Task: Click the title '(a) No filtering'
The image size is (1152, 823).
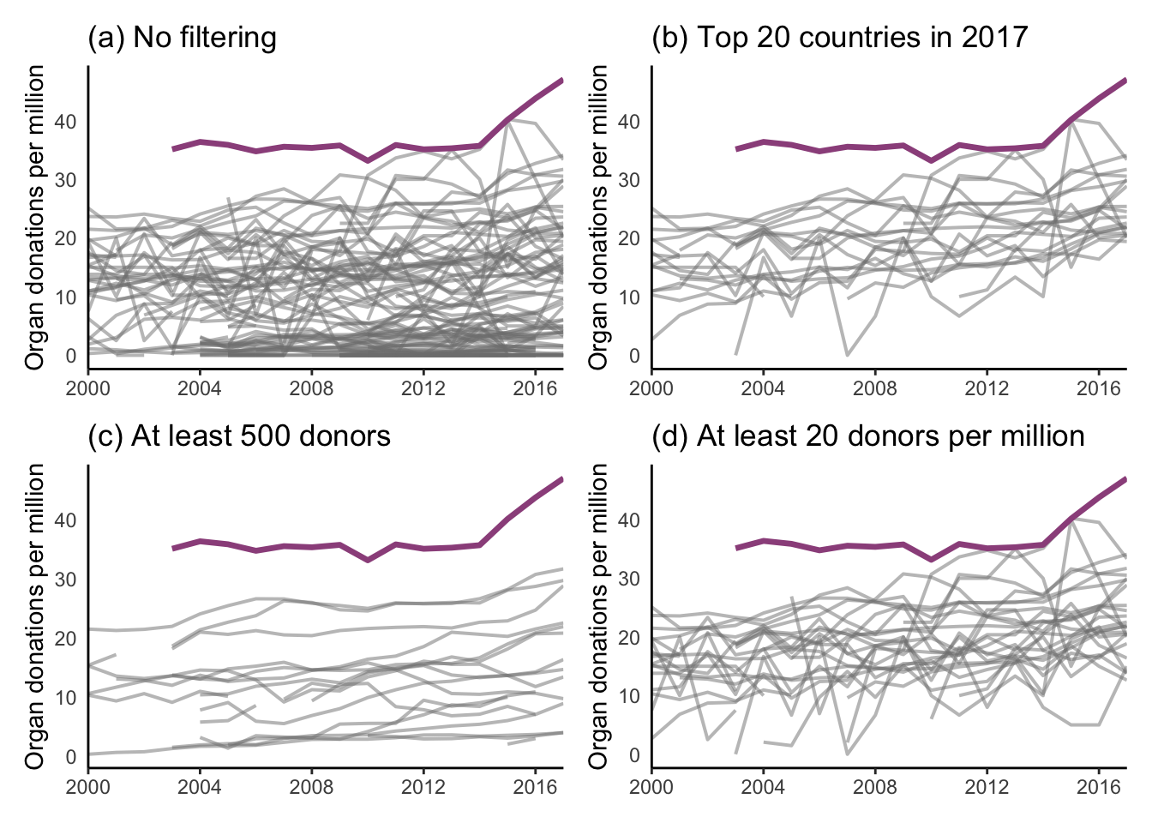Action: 182,38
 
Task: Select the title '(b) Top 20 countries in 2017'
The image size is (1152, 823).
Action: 839,38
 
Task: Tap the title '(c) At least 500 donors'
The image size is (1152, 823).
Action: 239,436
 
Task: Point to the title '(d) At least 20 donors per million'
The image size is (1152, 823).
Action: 867,436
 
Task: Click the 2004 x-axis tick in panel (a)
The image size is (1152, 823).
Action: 200,388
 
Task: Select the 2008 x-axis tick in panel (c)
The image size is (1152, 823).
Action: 311,787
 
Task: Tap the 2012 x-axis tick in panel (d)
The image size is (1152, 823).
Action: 987,787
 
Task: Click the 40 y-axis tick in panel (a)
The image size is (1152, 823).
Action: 65,122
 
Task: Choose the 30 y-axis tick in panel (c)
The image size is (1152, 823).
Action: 65,580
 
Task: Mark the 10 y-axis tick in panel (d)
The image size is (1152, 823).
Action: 628,697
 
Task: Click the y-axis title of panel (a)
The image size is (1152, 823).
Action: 35,219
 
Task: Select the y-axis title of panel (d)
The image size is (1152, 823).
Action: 598,617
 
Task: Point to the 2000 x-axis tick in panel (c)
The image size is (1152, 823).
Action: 88,787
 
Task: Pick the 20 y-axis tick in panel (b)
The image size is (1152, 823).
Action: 628,239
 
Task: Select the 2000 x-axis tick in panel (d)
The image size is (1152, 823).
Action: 651,787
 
